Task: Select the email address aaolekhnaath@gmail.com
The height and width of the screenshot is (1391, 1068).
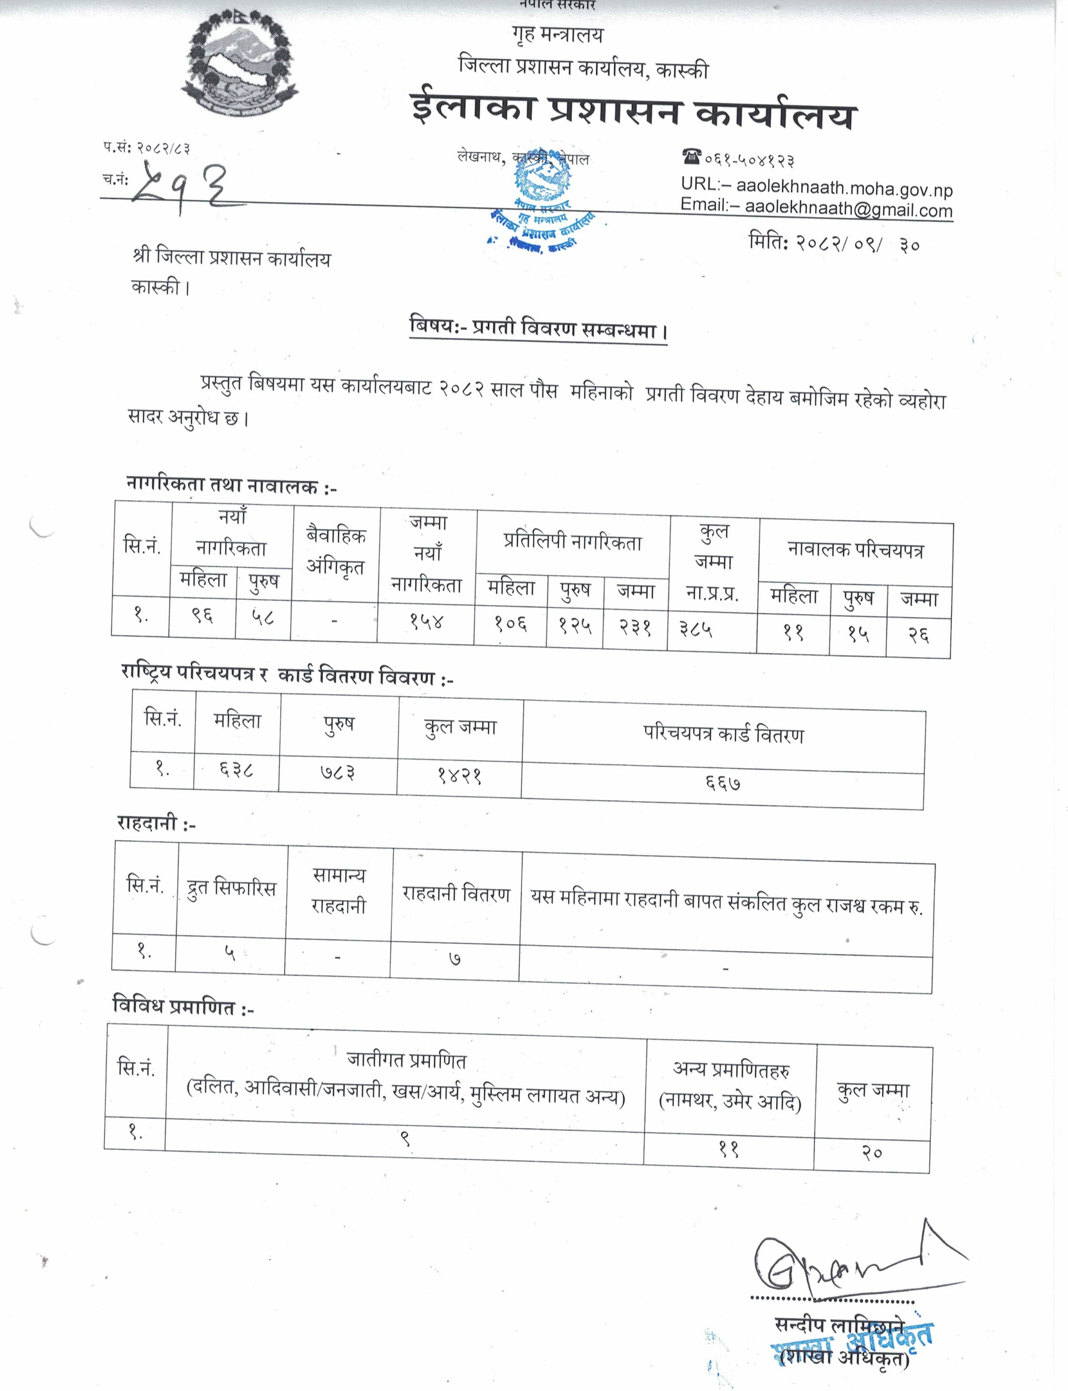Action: pos(848,208)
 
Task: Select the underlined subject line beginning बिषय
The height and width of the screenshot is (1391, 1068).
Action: pos(538,329)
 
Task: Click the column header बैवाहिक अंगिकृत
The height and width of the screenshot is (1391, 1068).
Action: pos(336,551)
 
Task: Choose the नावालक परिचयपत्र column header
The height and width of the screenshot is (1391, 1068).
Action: pos(855,551)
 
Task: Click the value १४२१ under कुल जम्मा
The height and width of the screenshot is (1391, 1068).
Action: pos(459,775)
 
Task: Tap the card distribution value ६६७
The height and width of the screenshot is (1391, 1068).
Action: pos(722,783)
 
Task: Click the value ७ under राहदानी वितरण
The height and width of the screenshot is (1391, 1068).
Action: pos(455,958)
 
